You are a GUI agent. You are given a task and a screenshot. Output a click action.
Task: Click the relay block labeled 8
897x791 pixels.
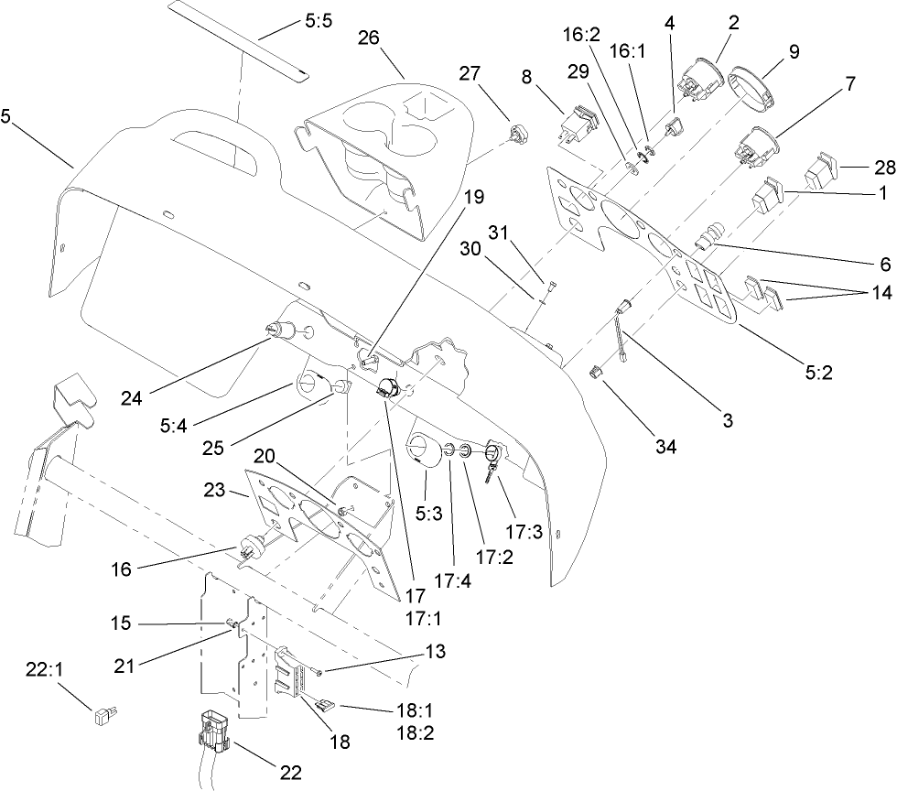click(579, 125)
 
